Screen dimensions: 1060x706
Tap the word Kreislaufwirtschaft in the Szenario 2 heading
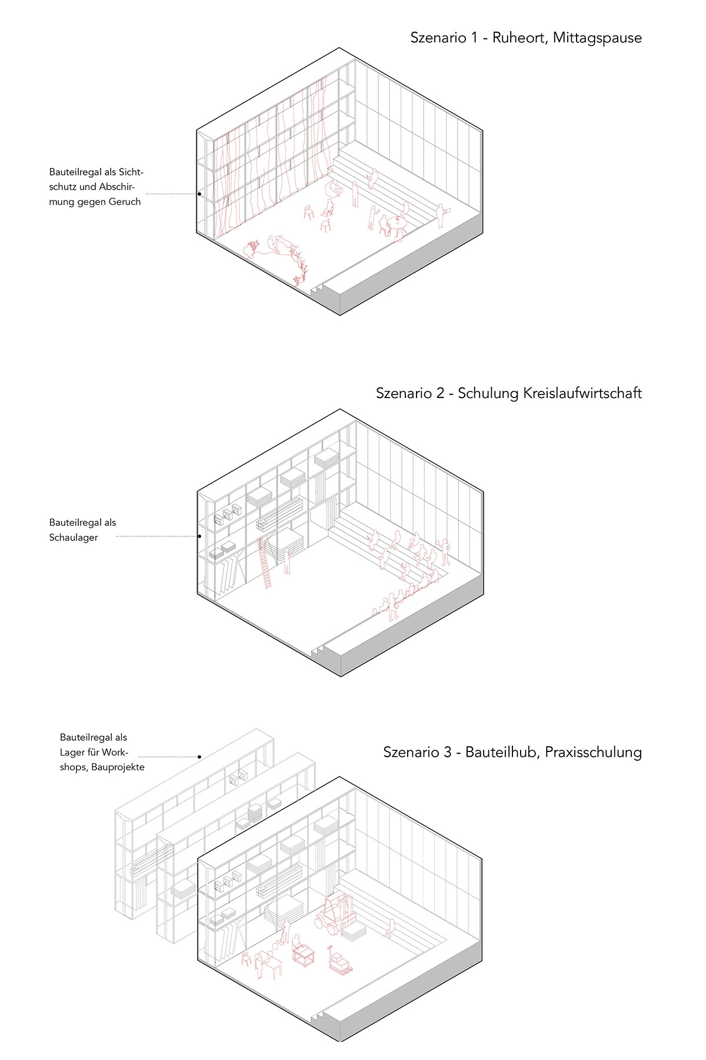[x=550, y=393]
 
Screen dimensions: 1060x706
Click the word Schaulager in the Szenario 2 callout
[x=74, y=537]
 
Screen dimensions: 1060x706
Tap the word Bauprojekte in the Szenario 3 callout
[x=118, y=767]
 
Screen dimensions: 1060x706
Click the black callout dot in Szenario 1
[x=199, y=194]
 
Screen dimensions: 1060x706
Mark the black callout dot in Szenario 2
[x=200, y=536]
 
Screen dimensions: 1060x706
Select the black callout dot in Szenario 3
[x=200, y=757]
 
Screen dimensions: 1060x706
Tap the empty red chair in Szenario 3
[x=246, y=959]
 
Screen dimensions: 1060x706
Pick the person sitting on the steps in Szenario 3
[x=389, y=928]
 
